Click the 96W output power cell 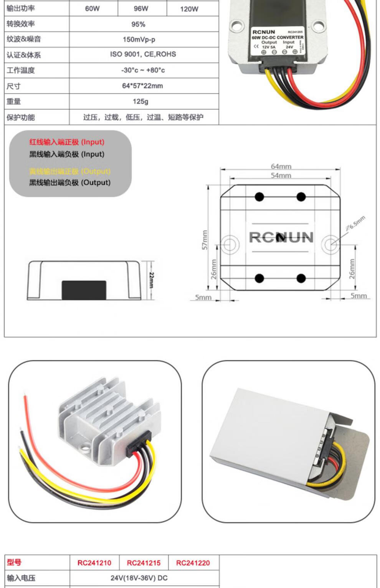pyautogui.click(x=141, y=8)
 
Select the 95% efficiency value pyautogui.click(x=138, y=24)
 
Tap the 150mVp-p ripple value pyautogui.click(x=139, y=39)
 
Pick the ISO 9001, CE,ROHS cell pyautogui.click(x=143, y=54)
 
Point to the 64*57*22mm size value pyautogui.click(x=142, y=86)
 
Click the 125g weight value pyautogui.click(x=140, y=102)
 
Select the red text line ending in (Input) pyautogui.click(x=67, y=142)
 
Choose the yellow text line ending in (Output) pyautogui.click(x=70, y=171)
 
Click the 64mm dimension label pyautogui.click(x=281, y=166)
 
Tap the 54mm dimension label pyautogui.click(x=281, y=175)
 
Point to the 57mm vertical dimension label pyautogui.click(x=205, y=240)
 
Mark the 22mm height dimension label pyautogui.click(x=151, y=280)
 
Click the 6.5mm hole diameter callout pyautogui.click(x=355, y=223)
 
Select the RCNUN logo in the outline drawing pyautogui.click(x=281, y=237)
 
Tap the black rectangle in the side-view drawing pyautogui.click(x=84, y=290)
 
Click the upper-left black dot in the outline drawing pyautogui.click(x=259, y=197)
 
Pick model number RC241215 pyautogui.click(x=144, y=563)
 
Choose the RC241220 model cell pyautogui.click(x=193, y=563)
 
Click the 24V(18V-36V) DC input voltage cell pyautogui.click(x=139, y=578)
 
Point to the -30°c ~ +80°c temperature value pyautogui.click(x=143, y=70)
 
